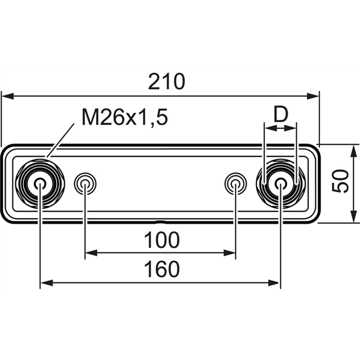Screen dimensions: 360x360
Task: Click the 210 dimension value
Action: [x=166, y=82]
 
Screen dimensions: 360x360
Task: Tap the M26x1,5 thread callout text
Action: [x=125, y=118]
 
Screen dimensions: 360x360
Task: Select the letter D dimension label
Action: [x=281, y=114]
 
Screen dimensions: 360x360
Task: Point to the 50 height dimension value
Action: [x=341, y=181]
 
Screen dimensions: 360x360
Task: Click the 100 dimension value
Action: [x=162, y=240]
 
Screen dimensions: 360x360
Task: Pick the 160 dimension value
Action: [x=162, y=269]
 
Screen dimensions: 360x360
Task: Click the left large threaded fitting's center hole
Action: [x=40, y=184]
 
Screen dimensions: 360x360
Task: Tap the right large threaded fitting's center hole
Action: [x=280, y=184]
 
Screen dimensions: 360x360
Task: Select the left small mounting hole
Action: [x=85, y=184]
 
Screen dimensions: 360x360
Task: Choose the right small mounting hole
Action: [x=235, y=184]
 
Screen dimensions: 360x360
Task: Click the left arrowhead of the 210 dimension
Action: [x=8, y=96]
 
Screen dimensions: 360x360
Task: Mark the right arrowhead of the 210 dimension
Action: [x=313, y=96]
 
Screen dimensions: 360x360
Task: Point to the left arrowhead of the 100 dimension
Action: [x=91, y=253]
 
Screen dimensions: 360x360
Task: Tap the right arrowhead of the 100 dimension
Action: [x=230, y=253]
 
